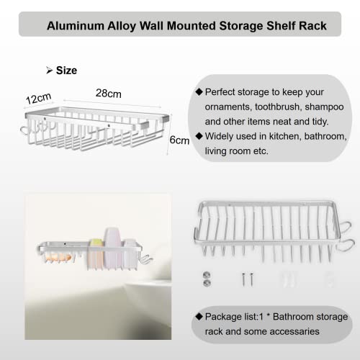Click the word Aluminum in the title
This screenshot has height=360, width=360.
[76, 26]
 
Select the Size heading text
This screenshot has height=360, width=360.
[66, 71]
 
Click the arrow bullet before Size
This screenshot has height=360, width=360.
[49, 71]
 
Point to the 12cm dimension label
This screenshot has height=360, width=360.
[38, 98]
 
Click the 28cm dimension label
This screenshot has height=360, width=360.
[109, 94]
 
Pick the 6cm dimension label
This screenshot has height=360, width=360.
[179, 140]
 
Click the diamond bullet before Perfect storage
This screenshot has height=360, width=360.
[199, 91]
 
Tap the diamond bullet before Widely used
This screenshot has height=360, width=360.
[199, 136]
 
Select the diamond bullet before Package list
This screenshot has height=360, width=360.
[199, 316]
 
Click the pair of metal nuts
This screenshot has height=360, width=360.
[207, 279]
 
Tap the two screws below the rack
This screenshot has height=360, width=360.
[248, 279]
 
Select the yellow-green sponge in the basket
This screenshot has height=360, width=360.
[97, 243]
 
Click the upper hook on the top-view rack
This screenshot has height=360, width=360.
[345, 227]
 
